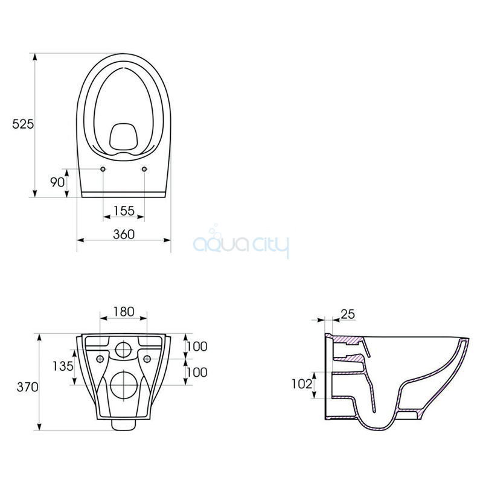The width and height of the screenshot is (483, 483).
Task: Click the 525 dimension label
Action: (23, 124)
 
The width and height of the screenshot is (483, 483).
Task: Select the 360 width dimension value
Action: (124, 234)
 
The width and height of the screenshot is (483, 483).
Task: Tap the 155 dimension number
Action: (124, 211)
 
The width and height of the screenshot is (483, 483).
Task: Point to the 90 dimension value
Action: (57, 182)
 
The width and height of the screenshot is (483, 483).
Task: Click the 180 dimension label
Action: (124, 312)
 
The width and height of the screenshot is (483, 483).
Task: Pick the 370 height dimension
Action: (27, 387)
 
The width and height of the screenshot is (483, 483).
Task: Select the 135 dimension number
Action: (63, 366)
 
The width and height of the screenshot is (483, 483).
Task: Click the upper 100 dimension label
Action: (197, 347)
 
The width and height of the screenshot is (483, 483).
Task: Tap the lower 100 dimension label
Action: (197, 373)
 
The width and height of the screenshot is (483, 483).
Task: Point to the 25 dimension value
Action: (348, 314)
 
